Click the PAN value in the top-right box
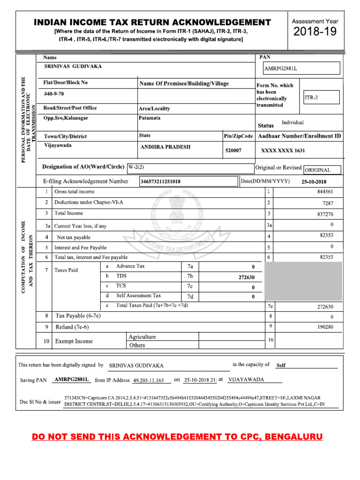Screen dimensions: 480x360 pos(281,69)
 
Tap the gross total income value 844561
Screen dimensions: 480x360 pos(325,192)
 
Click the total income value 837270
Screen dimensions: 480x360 pos(325,214)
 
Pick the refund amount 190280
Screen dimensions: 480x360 pos(325,327)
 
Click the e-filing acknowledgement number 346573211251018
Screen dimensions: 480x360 pos(160,181)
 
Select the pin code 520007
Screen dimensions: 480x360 pos(233,150)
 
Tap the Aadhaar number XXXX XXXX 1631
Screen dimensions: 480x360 pos(283,150)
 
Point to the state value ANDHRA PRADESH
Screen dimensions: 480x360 pos(166,147)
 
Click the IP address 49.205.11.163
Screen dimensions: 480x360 pos(149,381)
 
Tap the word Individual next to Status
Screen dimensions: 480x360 pos(292,123)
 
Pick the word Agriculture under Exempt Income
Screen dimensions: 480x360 pos(142,337)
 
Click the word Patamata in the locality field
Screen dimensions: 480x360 pos(150,118)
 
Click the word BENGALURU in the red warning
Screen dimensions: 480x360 pos(293,437)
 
